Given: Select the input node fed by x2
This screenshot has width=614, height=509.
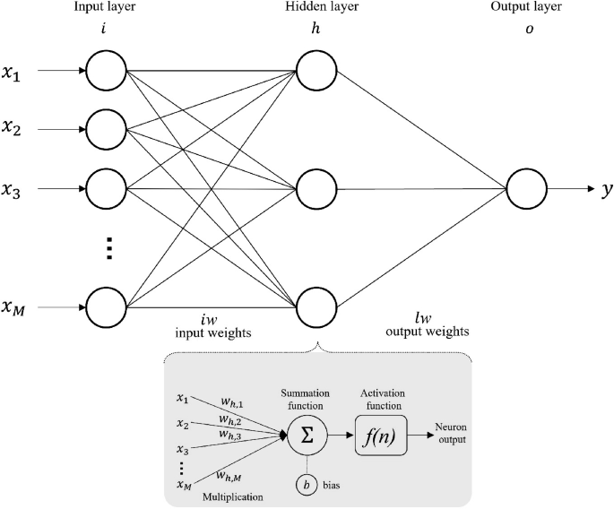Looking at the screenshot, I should (107, 129).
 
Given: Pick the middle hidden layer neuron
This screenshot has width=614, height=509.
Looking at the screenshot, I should (316, 189).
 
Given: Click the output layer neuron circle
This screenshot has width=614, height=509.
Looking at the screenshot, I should (526, 189).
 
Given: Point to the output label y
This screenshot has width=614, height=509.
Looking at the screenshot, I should (607, 190).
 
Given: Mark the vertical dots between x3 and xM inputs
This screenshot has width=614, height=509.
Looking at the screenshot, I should (107, 248).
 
